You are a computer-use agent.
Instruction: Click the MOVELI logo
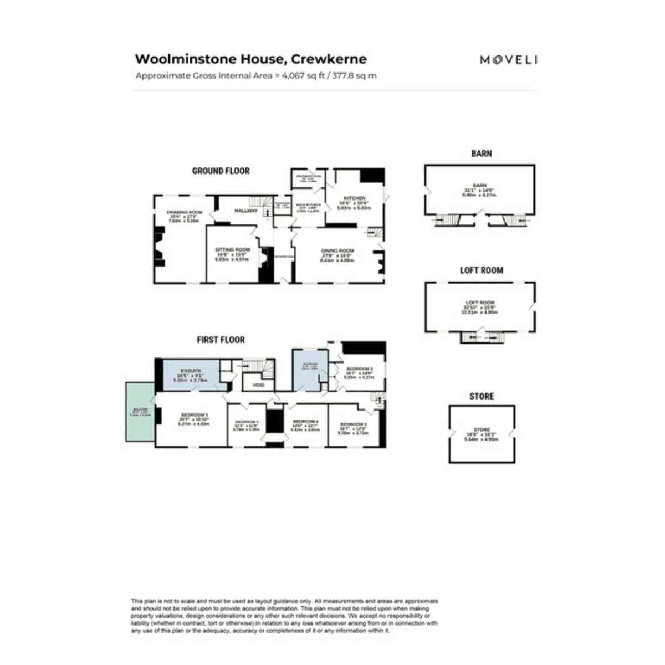[508, 60]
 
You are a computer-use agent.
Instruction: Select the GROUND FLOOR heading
[221, 171]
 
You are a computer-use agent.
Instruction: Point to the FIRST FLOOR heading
[221, 340]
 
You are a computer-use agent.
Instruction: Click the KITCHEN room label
[355, 198]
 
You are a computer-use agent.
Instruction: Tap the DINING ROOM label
[337, 250]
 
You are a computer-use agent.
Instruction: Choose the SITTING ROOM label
[233, 249]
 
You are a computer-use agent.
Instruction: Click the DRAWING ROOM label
[183, 212]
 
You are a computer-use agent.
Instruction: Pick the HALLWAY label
[246, 211]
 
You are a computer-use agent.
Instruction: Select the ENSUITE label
[191, 370]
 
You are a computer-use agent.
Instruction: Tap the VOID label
[259, 385]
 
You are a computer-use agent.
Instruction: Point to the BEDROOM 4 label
[305, 421]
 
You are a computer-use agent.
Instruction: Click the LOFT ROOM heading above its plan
[481, 270]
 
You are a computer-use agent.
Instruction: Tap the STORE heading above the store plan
[481, 396]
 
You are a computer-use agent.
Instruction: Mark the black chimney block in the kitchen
[372, 176]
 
